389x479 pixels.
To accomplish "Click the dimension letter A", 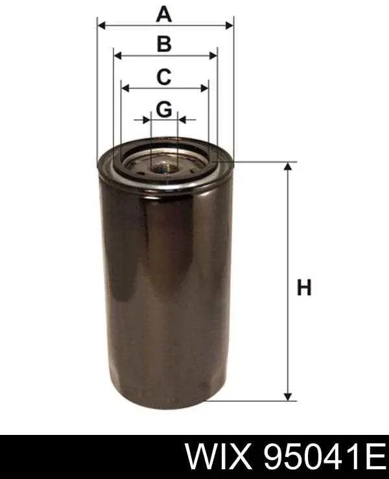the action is click(x=164, y=15).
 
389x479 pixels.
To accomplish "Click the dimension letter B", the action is click(x=164, y=43).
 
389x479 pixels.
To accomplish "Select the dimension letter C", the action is click(x=164, y=76).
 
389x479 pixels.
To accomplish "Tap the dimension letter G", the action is click(x=164, y=110).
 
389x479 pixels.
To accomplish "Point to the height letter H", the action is click(x=304, y=287).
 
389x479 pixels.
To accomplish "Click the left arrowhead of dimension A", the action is click(x=101, y=26).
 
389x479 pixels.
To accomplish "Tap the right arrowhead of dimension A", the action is click(x=229, y=26).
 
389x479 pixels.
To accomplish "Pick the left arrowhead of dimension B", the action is click(x=117, y=56).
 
